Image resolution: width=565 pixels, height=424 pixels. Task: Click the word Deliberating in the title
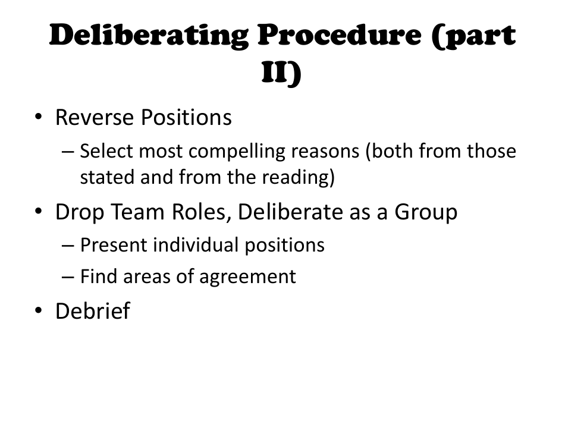[148, 37]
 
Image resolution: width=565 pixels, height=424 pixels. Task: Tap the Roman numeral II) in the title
[282, 73]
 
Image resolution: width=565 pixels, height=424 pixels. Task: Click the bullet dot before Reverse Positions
[38, 117]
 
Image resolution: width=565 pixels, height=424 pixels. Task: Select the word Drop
[79, 212]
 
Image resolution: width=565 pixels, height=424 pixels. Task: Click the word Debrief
[92, 311]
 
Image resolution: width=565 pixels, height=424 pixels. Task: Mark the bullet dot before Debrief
[38, 310]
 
